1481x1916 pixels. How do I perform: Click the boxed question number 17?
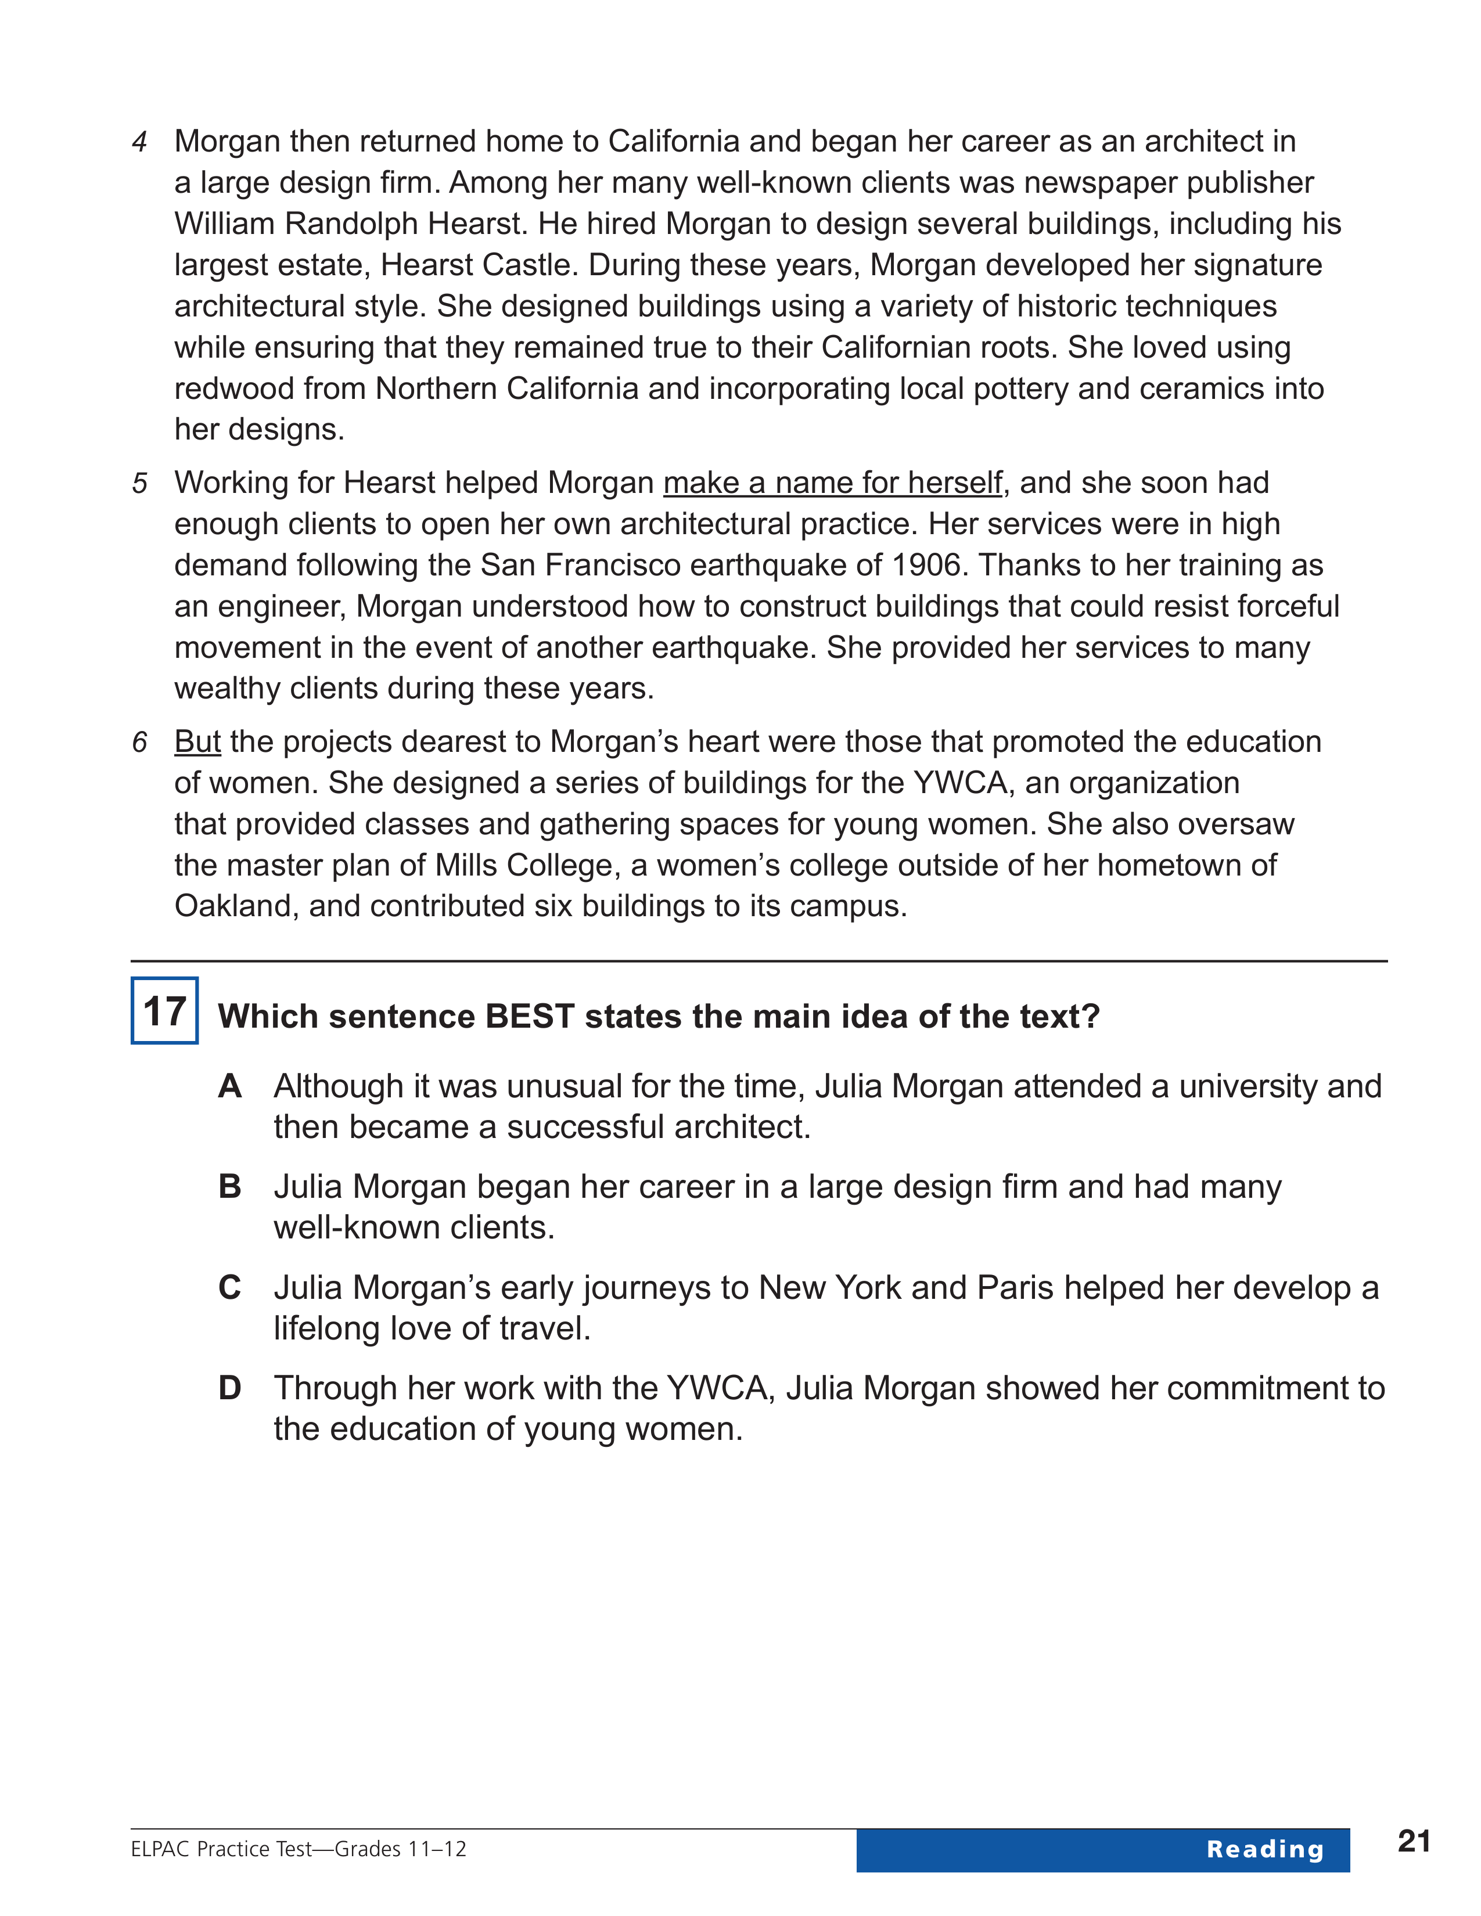pos(164,1011)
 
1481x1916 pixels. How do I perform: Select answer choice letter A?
pos(230,1086)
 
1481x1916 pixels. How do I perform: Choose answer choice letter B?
pos(230,1186)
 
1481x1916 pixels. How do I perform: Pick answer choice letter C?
pos(230,1287)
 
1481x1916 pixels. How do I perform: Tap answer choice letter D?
pos(230,1388)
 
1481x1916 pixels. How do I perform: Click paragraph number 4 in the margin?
pos(139,142)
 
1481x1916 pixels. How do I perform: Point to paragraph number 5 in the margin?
pos(139,484)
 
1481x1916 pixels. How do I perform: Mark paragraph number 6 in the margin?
pos(139,742)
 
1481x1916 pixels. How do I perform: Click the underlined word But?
pos(197,742)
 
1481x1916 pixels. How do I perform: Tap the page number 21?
pos(1414,1841)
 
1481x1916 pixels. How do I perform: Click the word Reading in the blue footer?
pos(1264,1849)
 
